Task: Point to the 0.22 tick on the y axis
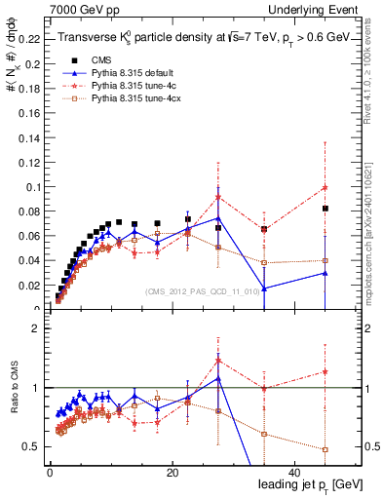pos(26,39)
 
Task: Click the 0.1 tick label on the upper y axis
pos(30,187)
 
